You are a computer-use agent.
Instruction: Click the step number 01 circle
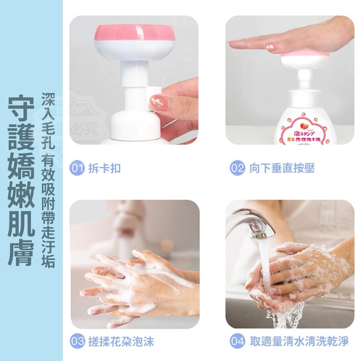pos(77,169)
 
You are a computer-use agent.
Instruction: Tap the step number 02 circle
pos(237,169)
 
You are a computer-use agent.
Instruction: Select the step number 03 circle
pos(77,341)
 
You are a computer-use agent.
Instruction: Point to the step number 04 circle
pos(237,341)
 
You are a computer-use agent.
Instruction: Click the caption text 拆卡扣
pos(105,169)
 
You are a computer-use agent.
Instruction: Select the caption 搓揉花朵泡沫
pos(121,341)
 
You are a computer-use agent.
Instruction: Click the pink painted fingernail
pos(158,100)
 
